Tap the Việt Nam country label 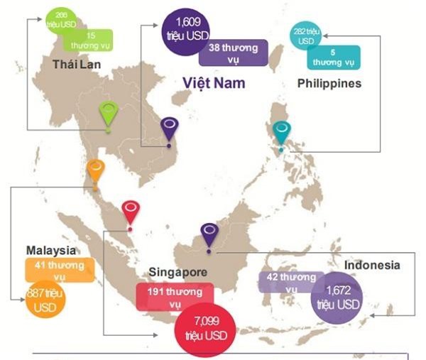pyautogui.click(x=214, y=82)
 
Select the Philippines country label pyautogui.click(x=329, y=84)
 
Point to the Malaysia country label pyautogui.click(x=50, y=251)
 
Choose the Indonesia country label pyautogui.click(x=372, y=265)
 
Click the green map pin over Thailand pyautogui.click(x=108, y=114)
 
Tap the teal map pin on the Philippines pyautogui.click(x=282, y=131)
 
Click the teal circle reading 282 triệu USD pyautogui.click(x=305, y=34)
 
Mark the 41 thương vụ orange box pyautogui.click(x=60, y=271)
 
